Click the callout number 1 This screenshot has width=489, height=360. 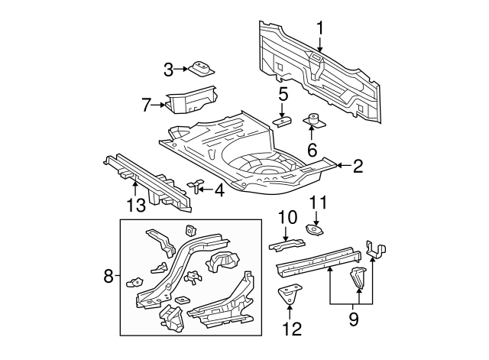[321, 28]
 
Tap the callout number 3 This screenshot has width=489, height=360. [169, 70]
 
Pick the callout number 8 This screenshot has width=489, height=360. [108, 275]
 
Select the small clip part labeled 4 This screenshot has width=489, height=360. [195, 185]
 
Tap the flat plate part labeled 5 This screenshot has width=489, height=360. [283, 122]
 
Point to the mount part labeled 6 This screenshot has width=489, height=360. [312, 122]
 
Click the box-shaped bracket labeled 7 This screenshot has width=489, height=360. [191, 99]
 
